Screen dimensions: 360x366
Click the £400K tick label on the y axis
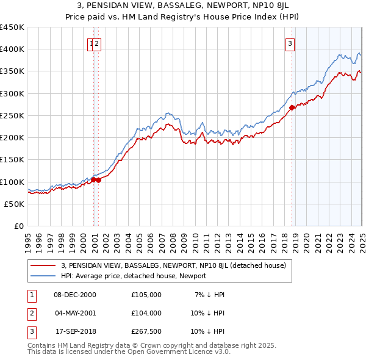pyautogui.click(x=12, y=49)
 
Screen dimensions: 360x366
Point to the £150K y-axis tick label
pyautogui.click(x=12, y=160)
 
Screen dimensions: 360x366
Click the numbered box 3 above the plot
pyautogui.click(x=290, y=43)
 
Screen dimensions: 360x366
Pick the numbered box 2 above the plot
pyautogui.click(x=97, y=43)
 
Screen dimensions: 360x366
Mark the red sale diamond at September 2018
pyautogui.click(x=292, y=108)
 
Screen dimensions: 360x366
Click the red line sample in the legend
pyautogui.click(x=43, y=265)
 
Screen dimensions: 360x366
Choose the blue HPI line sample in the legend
pyautogui.click(x=43, y=276)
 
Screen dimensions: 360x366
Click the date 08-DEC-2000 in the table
pyautogui.click(x=74, y=295)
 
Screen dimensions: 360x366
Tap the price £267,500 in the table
pyautogui.click(x=146, y=331)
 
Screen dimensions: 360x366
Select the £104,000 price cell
pyautogui.click(x=146, y=313)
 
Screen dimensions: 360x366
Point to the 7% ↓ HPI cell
pyautogui.click(x=210, y=295)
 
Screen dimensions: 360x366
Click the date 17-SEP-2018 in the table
pyautogui.click(x=74, y=331)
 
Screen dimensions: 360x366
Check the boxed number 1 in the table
pyautogui.click(x=30, y=295)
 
